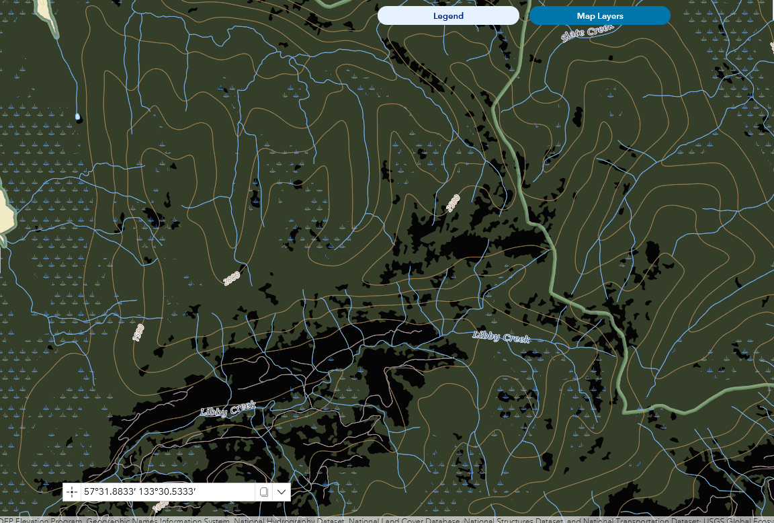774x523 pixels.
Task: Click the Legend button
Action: [x=448, y=16]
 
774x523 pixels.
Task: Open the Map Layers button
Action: [x=599, y=16]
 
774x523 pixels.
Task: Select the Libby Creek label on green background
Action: [x=501, y=336]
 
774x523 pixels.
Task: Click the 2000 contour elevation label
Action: [x=232, y=278]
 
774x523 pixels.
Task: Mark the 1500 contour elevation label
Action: [x=138, y=332]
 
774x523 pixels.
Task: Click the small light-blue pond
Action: [x=78, y=117]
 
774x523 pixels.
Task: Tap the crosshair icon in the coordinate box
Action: [x=72, y=492]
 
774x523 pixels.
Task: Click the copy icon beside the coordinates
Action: [x=264, y=492]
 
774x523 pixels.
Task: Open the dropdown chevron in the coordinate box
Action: [x=282, y=492]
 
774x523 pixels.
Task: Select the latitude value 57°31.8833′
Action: [x=110, y=492]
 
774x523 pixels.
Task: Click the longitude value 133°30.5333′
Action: [x=167, y=492]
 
